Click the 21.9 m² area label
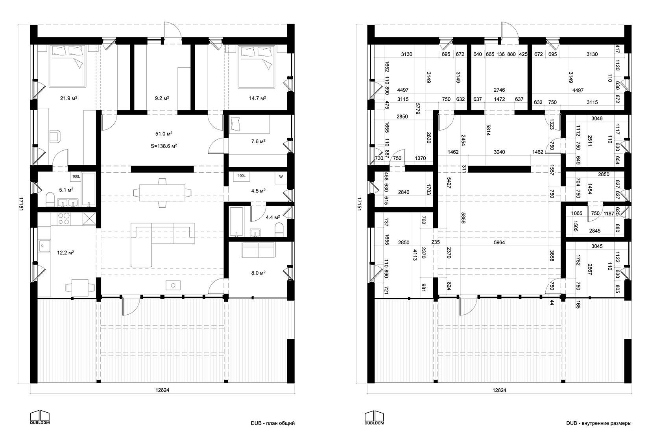click(x=69, y=98)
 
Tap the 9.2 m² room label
click(x=162, y=98)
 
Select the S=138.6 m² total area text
click(x=164, y=146)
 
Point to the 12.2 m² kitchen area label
click(x=65, y=253)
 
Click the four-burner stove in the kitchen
click(x=64, y=219)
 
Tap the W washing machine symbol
click(x=281, y=177)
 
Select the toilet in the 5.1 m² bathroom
click(x=50, y=200)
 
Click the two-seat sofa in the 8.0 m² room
click(x=258, y=250)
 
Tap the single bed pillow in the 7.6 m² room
click(x=235, y=124)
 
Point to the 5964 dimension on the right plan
click(x=499, y=242)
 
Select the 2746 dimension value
click(x=499, y=90)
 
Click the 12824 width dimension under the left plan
click(x=162, y=390)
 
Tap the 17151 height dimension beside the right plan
click(x=359, y=204)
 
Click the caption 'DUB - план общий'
click(x=273, y=423)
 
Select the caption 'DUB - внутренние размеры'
click(x=599, y=423)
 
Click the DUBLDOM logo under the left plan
click(x=40, y=417)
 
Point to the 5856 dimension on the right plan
click(x=463, y=218)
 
